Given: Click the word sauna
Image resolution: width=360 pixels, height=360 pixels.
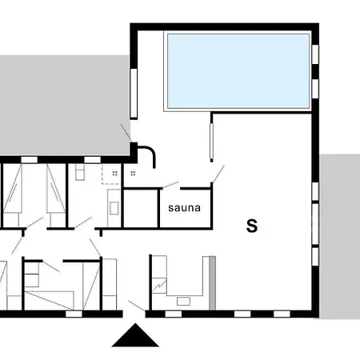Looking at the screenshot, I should (x=184, y=208).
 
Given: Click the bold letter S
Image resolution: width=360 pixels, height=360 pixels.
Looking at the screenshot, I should (x=252, y=226).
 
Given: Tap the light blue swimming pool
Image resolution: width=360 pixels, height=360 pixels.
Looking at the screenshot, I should (x=238, y=71).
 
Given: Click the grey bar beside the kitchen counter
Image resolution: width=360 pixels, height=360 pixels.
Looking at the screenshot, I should (x=212, y=283).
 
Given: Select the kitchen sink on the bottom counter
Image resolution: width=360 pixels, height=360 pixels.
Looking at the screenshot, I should (x=183, y=302).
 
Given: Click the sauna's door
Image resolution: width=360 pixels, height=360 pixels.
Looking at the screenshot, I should (x=169, y=186).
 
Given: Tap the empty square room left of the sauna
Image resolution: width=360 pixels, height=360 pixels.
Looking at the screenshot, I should (x=138, y=208).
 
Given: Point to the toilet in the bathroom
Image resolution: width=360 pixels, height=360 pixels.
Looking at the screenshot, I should (x=80, y=174).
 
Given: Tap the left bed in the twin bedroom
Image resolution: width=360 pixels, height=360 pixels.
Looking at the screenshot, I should (x=14, y=196).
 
